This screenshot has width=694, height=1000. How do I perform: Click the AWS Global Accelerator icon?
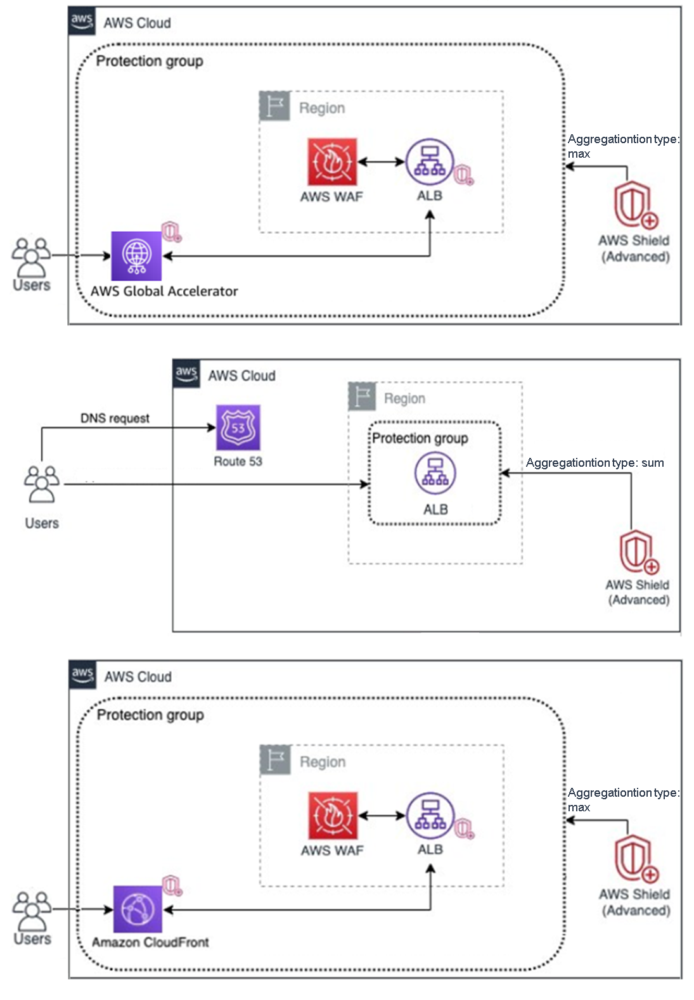(136, 256)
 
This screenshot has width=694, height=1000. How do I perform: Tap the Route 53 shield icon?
(238, 428)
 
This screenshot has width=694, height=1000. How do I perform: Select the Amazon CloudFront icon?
(138, 909)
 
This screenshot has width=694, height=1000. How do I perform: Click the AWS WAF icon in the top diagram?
(332, 162)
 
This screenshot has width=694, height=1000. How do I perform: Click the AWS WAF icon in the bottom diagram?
(333, 816)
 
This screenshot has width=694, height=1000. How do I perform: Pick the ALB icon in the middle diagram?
(435, 474)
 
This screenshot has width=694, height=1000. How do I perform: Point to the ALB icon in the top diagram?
(430, 162)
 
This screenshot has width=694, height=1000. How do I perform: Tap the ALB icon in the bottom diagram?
(430, 816)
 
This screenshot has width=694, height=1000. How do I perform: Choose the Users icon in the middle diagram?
(42, 484)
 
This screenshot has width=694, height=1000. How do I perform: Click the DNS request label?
(115, 419)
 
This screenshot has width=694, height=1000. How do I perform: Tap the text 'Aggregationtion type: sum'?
(594, 463)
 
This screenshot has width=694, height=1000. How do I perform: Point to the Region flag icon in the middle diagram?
(363, 396)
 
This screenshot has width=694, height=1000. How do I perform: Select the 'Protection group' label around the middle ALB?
(420, 438)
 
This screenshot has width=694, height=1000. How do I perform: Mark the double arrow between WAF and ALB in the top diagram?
(381, 162)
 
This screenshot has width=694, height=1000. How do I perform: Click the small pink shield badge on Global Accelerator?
(171, 232)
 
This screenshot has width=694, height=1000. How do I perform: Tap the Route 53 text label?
(238, 462)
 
